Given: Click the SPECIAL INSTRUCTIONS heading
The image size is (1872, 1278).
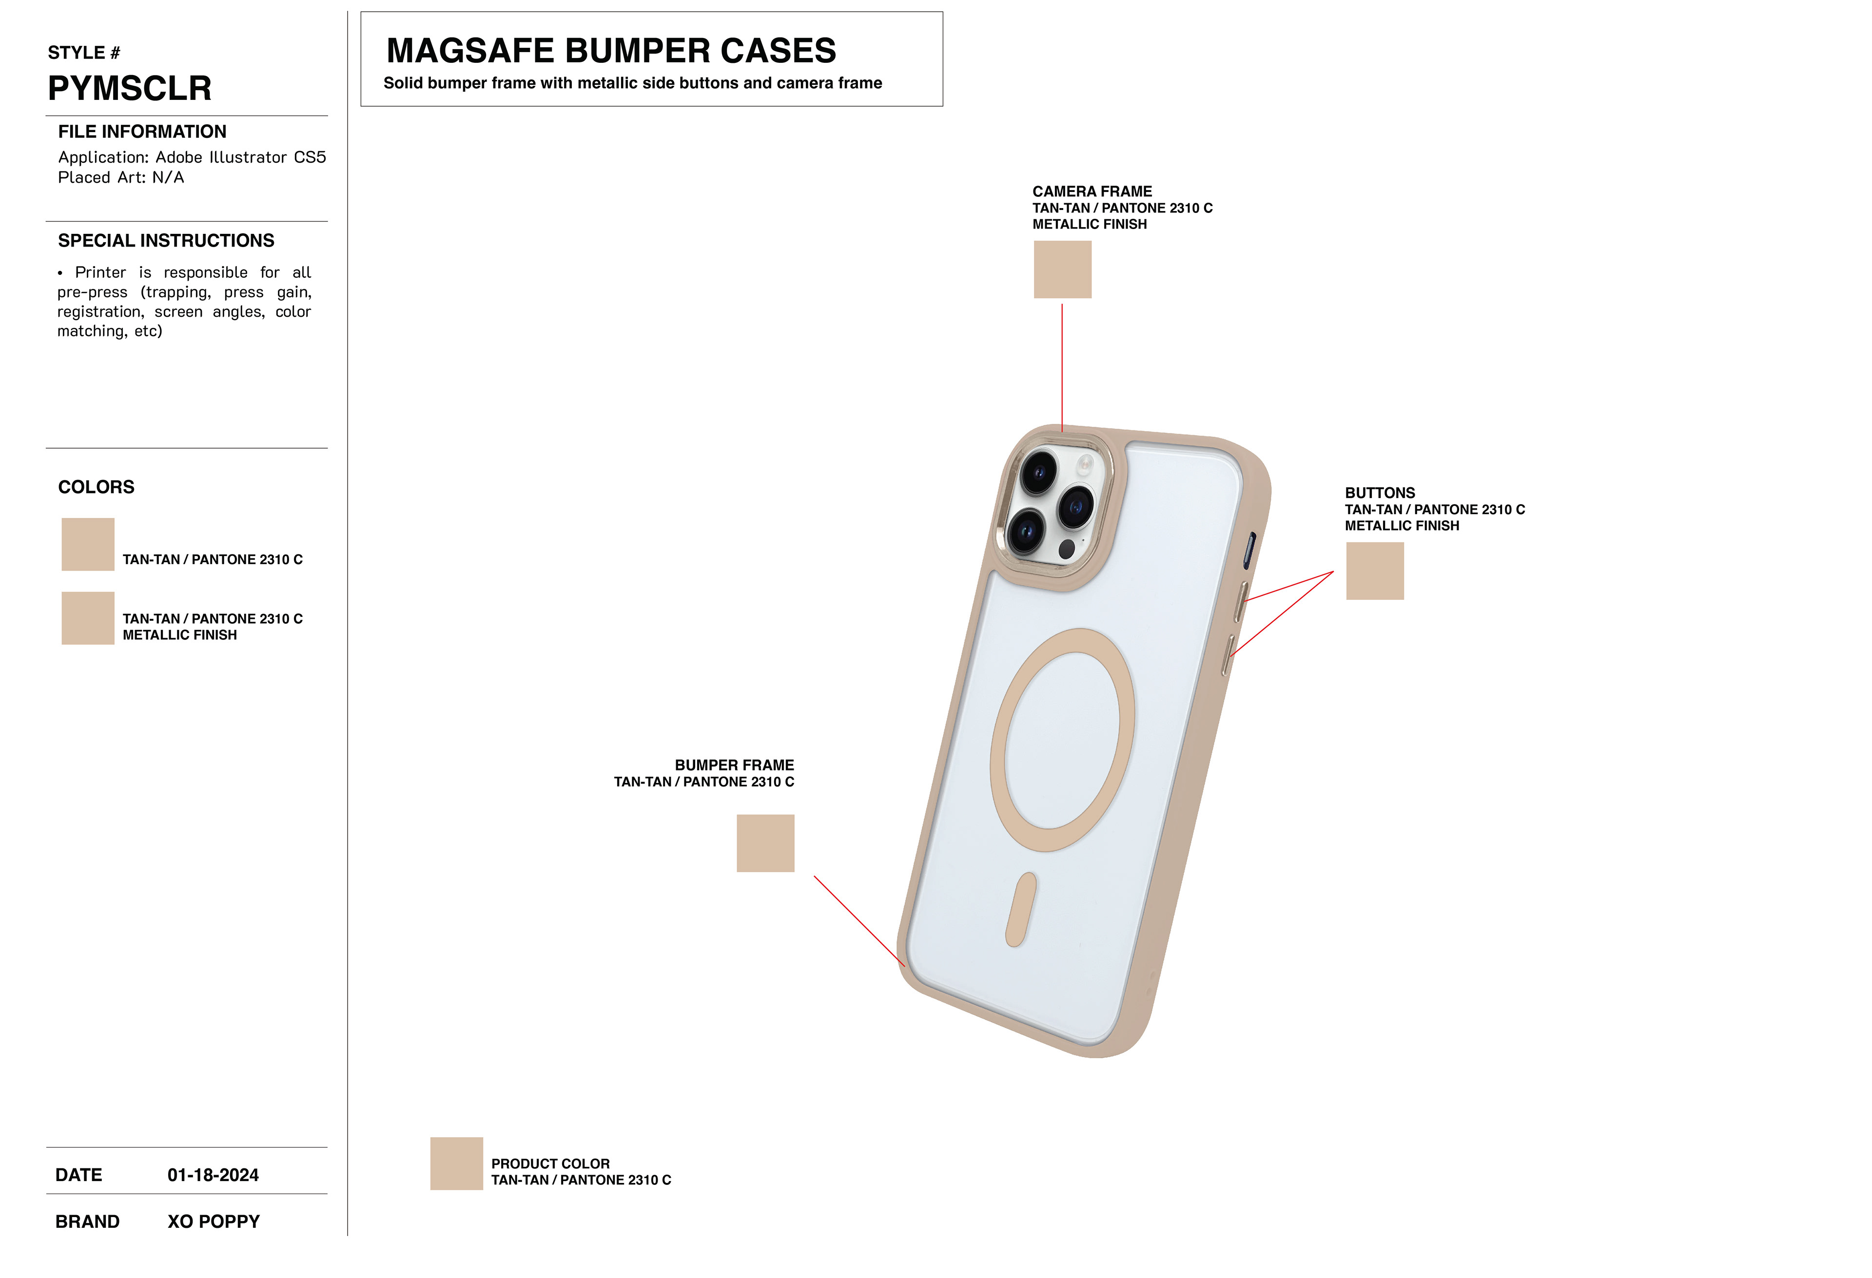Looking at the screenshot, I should pyautogui.click(x=166, y=241).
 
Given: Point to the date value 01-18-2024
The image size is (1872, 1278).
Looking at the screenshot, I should pyautogui.click(x=213, y=1175).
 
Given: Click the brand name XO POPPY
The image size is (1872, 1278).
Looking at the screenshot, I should pyautogui.click(x=214, y=1221).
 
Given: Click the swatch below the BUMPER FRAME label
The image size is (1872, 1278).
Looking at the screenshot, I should pyautogui.click(x=765, y=843).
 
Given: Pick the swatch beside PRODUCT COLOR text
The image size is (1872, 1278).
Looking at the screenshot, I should pyautogui.click(x=456, y=1164).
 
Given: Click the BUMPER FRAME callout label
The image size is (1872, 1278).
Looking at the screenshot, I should pyautogui.click(x=734, y=765).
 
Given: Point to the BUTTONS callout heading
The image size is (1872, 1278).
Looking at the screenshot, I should pyautogui.click(x=1379, y=493).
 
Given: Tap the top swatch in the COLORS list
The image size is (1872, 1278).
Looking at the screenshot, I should pyautogui.click(x=88, y=544).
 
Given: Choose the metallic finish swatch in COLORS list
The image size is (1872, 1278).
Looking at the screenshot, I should pyautogui.click(x=88, y=618).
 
